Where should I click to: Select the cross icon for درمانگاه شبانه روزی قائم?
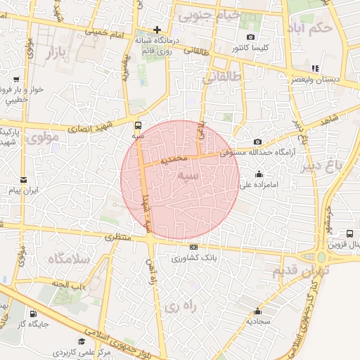click(157, 30)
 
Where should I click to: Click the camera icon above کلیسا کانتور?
click(250, 37)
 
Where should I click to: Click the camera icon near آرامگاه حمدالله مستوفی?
click(257, 141)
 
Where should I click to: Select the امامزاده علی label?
click(256, 186)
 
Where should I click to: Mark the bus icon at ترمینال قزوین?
click(349, 233)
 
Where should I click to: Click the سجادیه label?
click(258, 321)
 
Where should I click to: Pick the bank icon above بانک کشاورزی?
click(193, 247)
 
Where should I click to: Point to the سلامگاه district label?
click(70, 259)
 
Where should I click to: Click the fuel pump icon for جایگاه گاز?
click(33, 314)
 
